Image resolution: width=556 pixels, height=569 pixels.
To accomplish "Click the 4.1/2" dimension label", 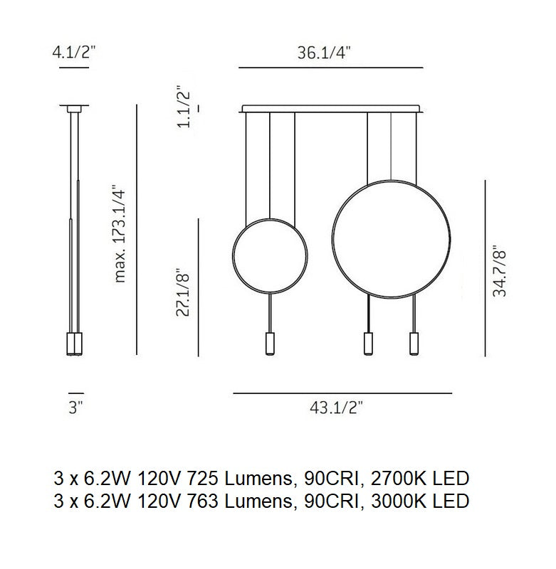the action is [74, 53].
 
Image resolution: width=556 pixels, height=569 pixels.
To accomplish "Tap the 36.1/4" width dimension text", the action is [325, 53].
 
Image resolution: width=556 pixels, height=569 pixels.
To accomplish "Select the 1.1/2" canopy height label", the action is [184, 107].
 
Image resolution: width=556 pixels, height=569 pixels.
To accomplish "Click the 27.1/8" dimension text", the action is [183, 293].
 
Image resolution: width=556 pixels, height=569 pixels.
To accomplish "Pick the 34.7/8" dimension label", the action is [499, 273].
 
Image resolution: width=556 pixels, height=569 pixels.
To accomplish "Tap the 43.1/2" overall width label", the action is [336, 408].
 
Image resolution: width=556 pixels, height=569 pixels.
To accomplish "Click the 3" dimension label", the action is [76, 408].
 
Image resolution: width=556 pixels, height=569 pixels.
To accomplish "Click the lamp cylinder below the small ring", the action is [270, 344].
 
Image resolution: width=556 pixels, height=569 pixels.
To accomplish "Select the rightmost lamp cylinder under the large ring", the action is [414, 344].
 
